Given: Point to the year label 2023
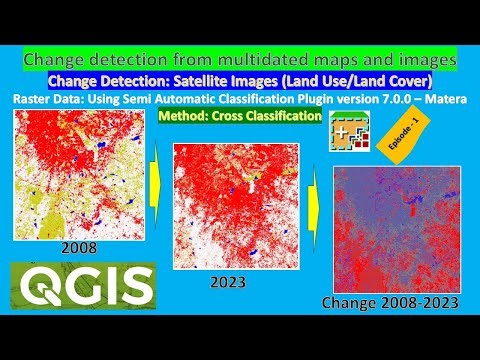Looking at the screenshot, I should (x=229, y=282).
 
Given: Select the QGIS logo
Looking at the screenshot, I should (x=81, y=286).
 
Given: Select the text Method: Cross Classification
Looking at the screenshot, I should (x=240, y=116).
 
